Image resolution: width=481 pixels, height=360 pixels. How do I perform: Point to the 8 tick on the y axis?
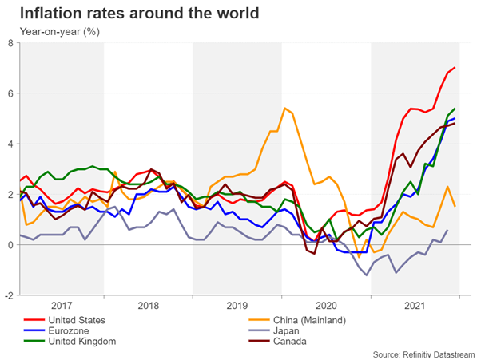[x=10, y=44]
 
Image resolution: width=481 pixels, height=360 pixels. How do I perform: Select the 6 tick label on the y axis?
[x=10, y=93]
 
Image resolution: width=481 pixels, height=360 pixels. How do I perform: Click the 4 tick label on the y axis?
[x=10, y=144]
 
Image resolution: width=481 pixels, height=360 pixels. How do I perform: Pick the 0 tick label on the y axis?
[x=10, y=244]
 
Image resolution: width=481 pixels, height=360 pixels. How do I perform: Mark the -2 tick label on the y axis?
[x=9, y=295]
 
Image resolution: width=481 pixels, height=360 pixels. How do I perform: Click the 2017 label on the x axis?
[x=61, y=306]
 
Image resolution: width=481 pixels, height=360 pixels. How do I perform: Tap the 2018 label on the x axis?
[x=148, y=306]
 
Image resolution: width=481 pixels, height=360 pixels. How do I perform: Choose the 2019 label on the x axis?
[x=237, y=306]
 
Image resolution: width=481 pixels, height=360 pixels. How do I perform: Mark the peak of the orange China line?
[x=284, y=109]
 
